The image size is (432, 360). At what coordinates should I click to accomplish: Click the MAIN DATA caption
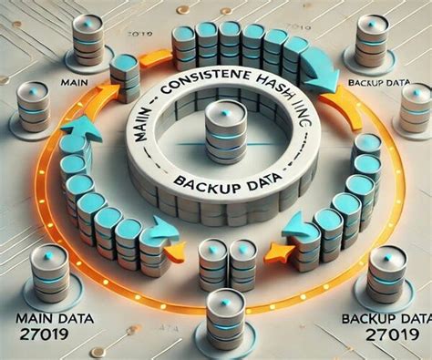coord(51,318)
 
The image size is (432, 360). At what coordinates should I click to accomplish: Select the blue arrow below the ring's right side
coord(301,224)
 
